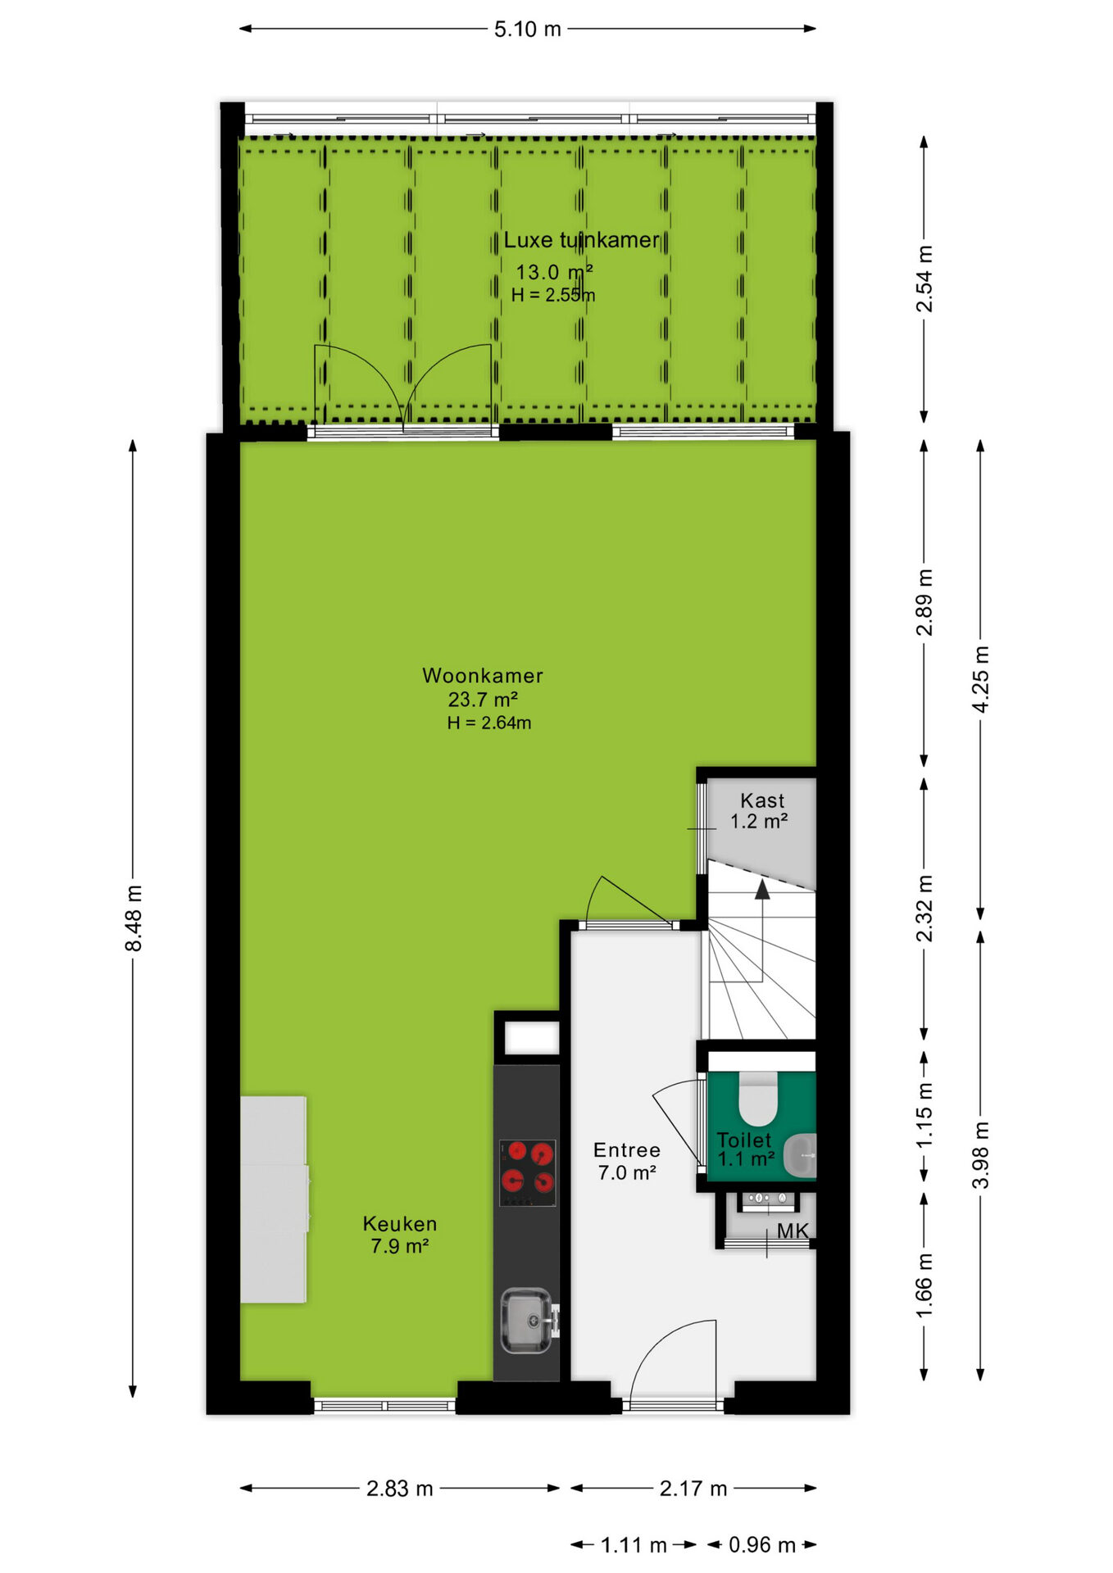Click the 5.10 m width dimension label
[x=527, y=29]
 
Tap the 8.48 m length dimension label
[x=134, y=918]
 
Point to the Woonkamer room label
[x=483, y=676]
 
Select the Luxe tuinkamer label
[x=581, y=240]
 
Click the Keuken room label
[x=400, y=1224]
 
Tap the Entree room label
[x=627, y=1150]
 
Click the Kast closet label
[x=762, y=800]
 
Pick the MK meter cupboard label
[x=793, y=1231]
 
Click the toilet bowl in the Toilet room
[x=758, y=1099]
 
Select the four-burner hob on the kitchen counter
[x=528, y=1173]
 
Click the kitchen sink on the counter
[x=529, y=1321]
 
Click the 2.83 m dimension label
[x=400, y=1489]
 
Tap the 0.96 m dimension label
[x=762, y=1545]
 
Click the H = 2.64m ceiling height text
[x=489, y=723]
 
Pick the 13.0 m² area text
[x=554, y=272]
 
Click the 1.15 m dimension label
[x=924, y=1115]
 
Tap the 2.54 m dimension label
[x=924, y=279]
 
